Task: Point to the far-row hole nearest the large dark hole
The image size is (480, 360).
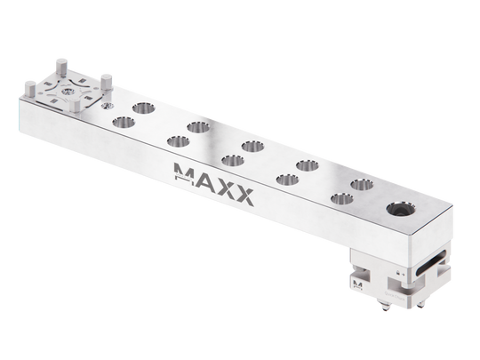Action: (360, 184)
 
